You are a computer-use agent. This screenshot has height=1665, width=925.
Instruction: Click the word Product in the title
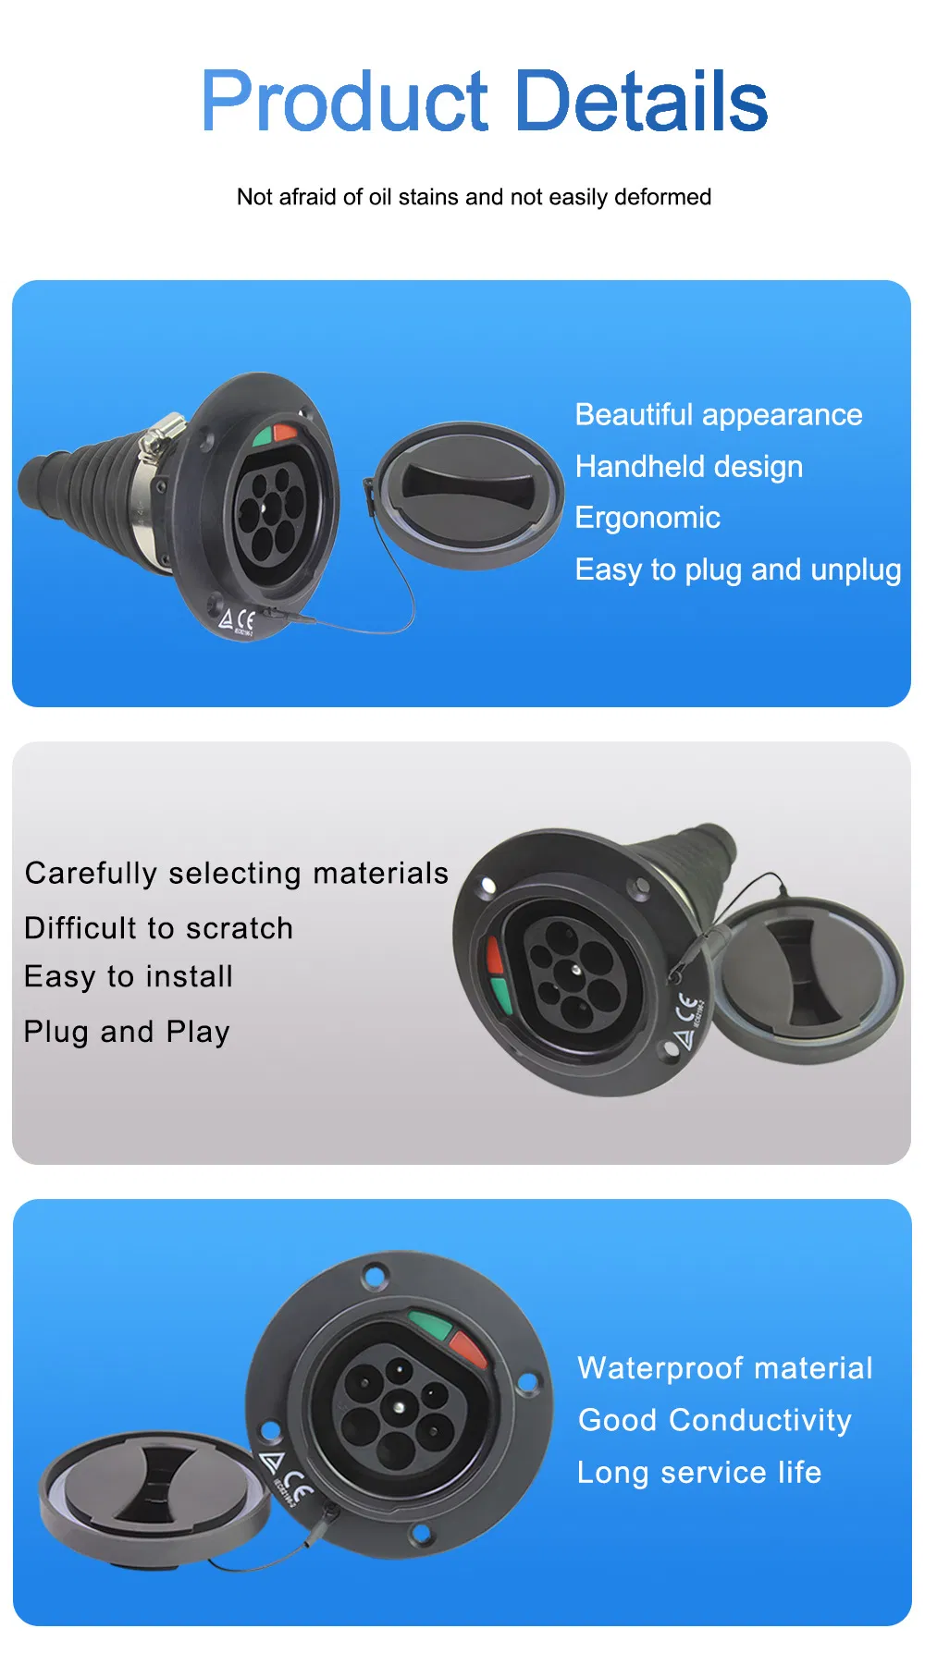click(x=344, y=102)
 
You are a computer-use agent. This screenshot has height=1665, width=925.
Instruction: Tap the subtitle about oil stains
click(x=474, y=197)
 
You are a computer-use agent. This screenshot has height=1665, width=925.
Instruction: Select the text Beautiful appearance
click(x=718, y=415)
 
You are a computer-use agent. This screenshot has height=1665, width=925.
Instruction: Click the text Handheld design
click(x=688, y=467)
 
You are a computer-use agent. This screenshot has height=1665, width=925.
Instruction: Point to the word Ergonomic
click(x=647, y=518)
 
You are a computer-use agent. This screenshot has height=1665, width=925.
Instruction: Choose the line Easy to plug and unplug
click(x=737, y=569)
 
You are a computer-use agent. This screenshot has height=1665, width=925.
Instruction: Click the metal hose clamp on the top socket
click(x=158, y=440)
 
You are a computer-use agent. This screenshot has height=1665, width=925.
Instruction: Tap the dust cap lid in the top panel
click(x=470, y=495)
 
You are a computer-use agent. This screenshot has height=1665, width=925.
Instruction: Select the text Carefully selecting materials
click(x=236, y=874)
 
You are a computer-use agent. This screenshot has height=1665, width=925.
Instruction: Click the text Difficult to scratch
click(x=158, y=928)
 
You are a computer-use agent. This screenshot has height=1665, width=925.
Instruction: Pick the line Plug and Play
click(x=127, y=1032)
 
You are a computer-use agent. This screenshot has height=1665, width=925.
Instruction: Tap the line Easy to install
click(x=129, y=977)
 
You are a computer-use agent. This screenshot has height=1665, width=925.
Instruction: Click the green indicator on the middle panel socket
click(x=500, y=995)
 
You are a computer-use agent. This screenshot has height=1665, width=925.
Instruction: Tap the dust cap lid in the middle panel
click(x=808, y=980)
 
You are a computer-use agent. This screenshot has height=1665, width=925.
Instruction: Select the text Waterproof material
click(x=724, y=1368)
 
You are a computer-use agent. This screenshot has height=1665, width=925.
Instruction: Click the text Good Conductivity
click(x=714, y=1420)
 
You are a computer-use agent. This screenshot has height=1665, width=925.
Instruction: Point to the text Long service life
click(x=698, y=1472)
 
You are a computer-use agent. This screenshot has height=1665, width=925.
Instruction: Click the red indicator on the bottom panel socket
click(x=468, y=1351)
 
